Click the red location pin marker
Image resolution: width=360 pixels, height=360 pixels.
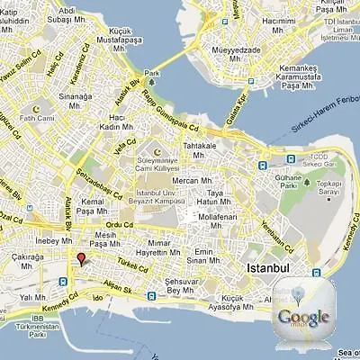point(80,260)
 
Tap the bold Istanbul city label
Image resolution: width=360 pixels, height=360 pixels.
point(266,268)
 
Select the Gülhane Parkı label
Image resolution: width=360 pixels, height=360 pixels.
point(312,184)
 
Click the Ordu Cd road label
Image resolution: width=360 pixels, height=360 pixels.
point(119,225)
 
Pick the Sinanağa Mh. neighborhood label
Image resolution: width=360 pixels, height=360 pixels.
point(76,99)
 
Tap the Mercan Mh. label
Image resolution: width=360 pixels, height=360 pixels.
point(192,181)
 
